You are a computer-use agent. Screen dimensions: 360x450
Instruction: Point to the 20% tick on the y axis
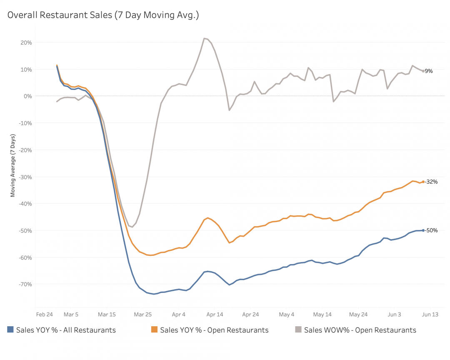pyautogui.click(x=26, y=42)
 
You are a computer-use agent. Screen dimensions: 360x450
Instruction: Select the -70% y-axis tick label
pyautogui.click(x=25, y=284)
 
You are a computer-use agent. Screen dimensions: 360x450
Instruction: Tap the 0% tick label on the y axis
pyautogui.click(x=28, y=96)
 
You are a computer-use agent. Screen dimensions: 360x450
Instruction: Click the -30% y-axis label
pyautogui.click(x=25, y=177)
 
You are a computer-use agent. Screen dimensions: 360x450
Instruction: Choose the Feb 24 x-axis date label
pyautogui.click(x=44, y=315)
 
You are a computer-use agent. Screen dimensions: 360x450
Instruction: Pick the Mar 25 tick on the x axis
pyautogui.click(x=143, y=315)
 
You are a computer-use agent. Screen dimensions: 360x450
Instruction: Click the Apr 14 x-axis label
pyautogui.click(x=215, y=315)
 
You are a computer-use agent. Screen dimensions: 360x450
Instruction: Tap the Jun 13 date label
pyautogui.click(x=430, y=315)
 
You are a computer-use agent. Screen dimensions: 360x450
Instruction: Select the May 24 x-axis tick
pyautogui.click(x=358, y=315)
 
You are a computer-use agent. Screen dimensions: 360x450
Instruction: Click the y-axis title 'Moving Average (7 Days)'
pyautogui.click(x=13, y=165)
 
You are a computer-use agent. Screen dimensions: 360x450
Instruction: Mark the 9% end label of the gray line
pyautogui.click(x=429, y=71)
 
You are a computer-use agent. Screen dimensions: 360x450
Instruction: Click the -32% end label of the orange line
pyautogui.click(x=431, y=182)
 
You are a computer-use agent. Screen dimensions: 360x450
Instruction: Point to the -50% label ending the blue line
pyautogui.click(x=431, y=230)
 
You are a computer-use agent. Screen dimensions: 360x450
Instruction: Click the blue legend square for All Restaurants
pyautogui.click(x=11, y=330)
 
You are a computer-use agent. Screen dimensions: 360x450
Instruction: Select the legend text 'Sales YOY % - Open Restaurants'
pyautogui.click(x=214, y=330)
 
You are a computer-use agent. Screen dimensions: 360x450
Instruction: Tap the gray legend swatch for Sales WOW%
pyautogui.click(x=298, y=330)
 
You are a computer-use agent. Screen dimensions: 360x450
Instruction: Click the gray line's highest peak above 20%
pyautogui.click(x=204, y=38)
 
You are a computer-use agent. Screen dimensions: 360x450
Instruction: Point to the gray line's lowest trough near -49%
pyautogui.click(x=132, y=227)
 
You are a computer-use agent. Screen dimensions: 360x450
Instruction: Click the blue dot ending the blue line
pyautogui.click(x=423, y=230)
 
